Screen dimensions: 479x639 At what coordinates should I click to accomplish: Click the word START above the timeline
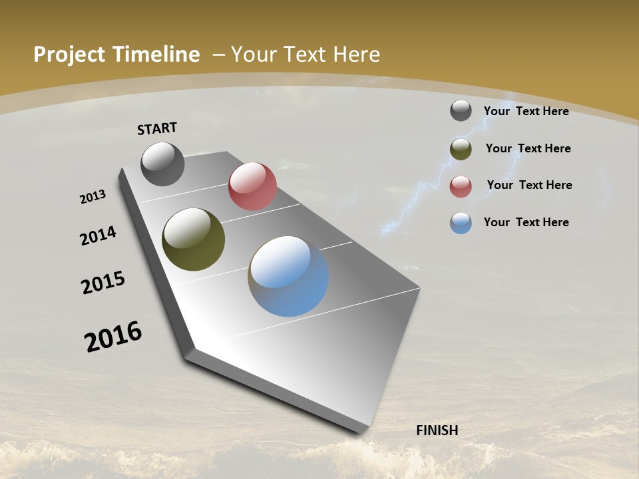(x=157, y=128)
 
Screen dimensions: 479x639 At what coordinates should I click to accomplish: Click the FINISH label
(x=437, y=430)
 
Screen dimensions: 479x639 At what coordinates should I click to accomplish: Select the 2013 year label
(x=93, y=197)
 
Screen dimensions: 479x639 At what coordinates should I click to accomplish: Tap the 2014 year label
(x=99, y=236)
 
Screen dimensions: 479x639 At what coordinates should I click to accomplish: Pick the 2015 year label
(x=103, y=283)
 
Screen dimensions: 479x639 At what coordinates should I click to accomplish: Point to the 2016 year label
(x=113, y=337)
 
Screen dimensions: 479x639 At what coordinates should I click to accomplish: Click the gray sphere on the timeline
(x=162, y=164)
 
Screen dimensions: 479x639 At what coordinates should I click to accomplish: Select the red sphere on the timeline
(x=252, y=186)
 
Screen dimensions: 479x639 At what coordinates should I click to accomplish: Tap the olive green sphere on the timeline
(x=193, y=239)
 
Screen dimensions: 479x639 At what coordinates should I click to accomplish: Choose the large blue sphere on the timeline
(x=288, y=275)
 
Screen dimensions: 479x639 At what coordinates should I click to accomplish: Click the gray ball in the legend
(x=461, y=110)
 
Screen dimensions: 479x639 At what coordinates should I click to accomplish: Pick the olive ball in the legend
(x=461, y=149)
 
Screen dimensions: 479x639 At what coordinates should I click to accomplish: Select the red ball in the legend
(x=461, y=186)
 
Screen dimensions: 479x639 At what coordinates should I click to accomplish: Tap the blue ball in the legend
(x=461, y=223)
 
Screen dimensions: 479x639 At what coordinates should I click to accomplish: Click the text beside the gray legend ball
(x=526, y=111)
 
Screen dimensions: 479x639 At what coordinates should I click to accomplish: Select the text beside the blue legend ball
(x=526, y=222)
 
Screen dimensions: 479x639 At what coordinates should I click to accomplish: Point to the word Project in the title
(x=69, y=55)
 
